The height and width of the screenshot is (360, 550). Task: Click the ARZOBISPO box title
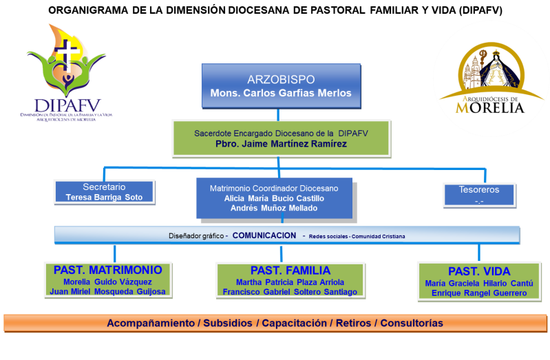point(280,78)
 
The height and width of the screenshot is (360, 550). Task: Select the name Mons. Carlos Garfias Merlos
point(280,93)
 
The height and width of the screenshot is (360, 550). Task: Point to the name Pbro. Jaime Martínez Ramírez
point(282,144)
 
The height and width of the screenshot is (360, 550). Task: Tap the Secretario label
point(104,187)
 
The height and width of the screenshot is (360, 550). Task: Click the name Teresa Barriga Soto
point(104,197)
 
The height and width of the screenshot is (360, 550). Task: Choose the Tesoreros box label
point(478,189)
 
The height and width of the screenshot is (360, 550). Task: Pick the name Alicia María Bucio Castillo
point(274,198)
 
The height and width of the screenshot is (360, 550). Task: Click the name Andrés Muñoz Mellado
point(274,208)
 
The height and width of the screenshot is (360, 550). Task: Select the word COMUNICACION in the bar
point(264,235)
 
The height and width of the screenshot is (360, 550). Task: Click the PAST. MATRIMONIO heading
point(107,270)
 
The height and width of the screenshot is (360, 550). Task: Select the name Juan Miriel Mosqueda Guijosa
point(107,292)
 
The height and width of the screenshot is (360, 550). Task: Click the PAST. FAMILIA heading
point(290,271)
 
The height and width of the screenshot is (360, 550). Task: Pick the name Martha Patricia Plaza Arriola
point(290,282)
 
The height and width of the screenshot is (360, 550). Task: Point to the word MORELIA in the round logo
point(490,107)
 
